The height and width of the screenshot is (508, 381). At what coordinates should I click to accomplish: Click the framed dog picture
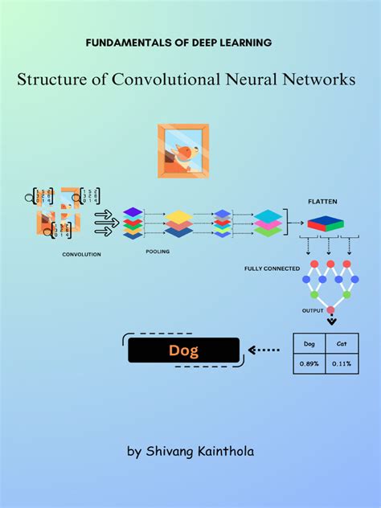[x=183, y=150]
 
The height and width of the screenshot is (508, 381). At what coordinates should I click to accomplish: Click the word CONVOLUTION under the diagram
[x=82, y=254]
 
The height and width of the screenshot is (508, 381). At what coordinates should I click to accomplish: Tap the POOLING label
[x=158, y=251]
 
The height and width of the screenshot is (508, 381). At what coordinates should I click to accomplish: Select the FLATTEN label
[x=322, y=202]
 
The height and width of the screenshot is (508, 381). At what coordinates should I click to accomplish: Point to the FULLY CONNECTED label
[x=272, y=268]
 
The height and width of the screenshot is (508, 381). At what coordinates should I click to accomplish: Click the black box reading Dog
[x=183, y=350]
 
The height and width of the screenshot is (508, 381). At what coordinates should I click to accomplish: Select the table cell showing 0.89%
[x=309, y=363]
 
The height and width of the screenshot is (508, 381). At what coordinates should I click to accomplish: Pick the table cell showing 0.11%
[x=342, y=363]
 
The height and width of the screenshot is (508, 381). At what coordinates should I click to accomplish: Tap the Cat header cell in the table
[x=342, y=343]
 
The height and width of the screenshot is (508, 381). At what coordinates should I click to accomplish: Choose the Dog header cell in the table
[x=309, y=343]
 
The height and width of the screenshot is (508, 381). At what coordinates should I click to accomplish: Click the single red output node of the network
[x=330, y=310]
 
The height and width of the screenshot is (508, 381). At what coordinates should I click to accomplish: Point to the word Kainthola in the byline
[x=226, y=451]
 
